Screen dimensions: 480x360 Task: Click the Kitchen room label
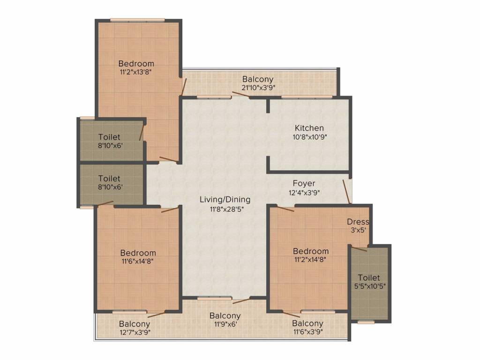[x=309, y=128]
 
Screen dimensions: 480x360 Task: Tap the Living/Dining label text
[x=225, y=200]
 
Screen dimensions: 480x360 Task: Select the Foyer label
[x=304, y=183]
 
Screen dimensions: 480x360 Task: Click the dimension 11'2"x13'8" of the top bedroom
[x=136, y=72]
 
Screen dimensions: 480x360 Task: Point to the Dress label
[x=358, y=222]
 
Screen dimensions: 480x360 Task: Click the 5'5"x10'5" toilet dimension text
[x=370, y=286]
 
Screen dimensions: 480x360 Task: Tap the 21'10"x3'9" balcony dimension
[x=258, y=88]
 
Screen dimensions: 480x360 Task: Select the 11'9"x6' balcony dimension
[x=225, y=324]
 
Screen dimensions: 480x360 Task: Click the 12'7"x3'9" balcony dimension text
[x=135, y=332]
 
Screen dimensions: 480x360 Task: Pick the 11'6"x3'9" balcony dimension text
[x=308, y=331]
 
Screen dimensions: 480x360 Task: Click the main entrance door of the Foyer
[x=346, y=192]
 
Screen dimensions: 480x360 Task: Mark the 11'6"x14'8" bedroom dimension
[x=137, y=261]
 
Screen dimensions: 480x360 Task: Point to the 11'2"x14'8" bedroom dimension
[x=310, y=260]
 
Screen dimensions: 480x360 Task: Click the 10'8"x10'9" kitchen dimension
[x=310, y=137]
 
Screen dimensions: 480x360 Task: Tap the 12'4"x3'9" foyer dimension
[x=304, y=193]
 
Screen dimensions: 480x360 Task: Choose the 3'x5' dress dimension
[x=358, y=230]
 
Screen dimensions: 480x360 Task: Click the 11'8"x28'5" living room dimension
[x=226, y=210]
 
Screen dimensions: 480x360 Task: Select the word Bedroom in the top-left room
[x=136, y=64]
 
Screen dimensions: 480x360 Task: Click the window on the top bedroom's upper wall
[x=137, y=20]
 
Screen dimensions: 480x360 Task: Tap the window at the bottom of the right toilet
[x=366, y=322]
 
